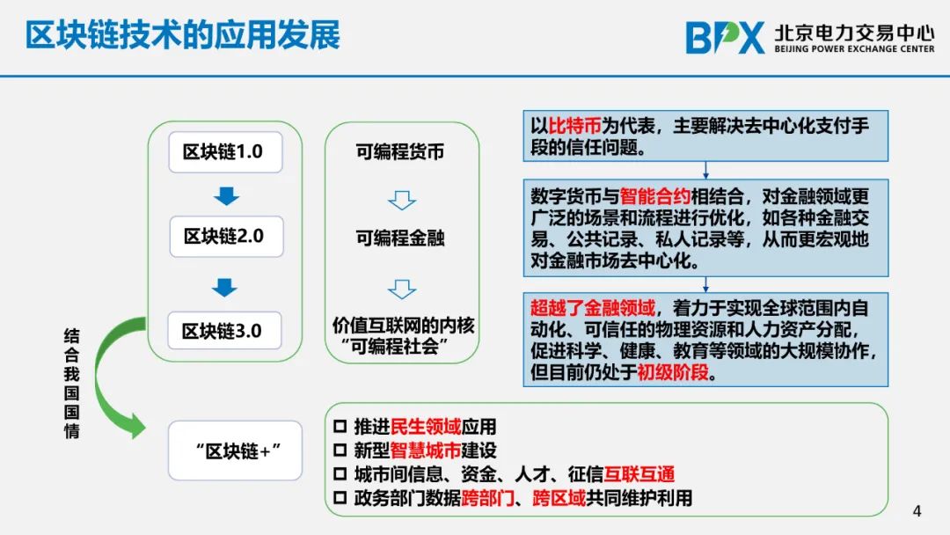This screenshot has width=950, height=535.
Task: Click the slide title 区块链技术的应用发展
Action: [182, 34]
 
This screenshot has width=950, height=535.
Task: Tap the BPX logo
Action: [725, 38]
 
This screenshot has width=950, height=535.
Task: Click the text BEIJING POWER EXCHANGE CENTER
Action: [854, 48]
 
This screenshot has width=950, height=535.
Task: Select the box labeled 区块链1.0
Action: [225, 152]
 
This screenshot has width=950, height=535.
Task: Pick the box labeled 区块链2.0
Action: [226, 237]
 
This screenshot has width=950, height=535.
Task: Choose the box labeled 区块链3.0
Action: [224, 330]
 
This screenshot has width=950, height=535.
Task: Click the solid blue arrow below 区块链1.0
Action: [226, 195]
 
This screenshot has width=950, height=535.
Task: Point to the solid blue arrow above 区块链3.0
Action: [224, 287]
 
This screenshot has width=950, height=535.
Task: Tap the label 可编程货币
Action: [400, 151]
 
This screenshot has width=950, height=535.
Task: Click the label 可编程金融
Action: [400, 238]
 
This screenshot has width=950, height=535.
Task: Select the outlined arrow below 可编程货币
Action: [402, 200]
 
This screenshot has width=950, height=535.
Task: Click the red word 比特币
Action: [574, 126]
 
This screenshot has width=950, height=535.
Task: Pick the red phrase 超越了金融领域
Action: [593, 308]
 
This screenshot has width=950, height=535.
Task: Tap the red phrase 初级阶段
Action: [673, 371]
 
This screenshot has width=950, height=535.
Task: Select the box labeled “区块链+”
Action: [235, 451]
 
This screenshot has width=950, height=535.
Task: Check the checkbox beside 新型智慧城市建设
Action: [340, 451]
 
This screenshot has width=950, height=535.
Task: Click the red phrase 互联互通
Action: [639, 473]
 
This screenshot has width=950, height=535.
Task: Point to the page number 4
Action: [917, 510]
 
